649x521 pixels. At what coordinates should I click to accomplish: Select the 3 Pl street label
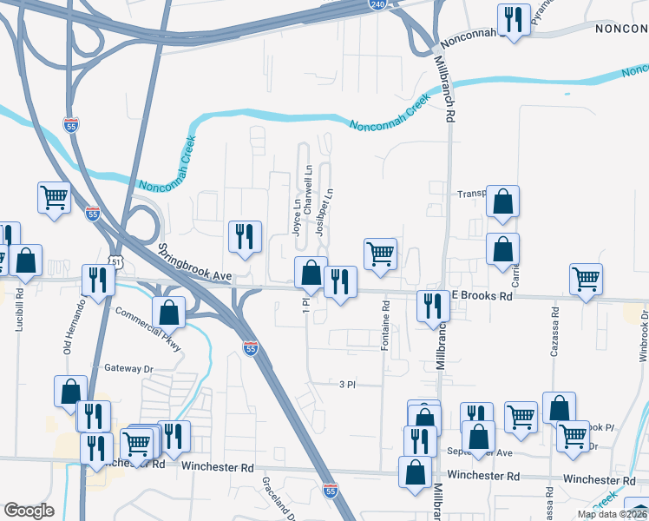tap(347, 384)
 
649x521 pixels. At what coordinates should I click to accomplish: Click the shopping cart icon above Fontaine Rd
tap(380, 254)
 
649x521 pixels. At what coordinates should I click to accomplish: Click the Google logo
tap(29, 511)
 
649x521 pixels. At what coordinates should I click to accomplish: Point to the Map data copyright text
tap(612, 514)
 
